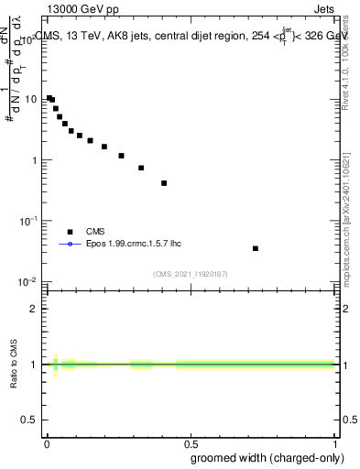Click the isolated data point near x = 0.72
pos(256,248)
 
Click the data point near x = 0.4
pos(164,183)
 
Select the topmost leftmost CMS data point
pos(49,98)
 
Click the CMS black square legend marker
pos(69,232)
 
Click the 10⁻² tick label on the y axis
pos(27,281)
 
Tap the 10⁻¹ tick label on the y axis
pos(27,221)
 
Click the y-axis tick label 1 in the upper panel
pos(34,160)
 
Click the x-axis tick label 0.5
pos(191,443)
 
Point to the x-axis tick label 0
pos(47,443)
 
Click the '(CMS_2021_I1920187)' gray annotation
pos(191,273)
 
